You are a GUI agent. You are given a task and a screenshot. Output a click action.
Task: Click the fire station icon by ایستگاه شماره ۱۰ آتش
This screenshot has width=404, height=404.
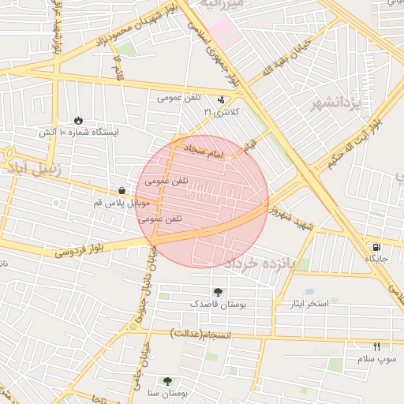[x=79, y=119]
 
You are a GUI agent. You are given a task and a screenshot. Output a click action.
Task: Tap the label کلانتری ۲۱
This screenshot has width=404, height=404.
[x=221, y=113]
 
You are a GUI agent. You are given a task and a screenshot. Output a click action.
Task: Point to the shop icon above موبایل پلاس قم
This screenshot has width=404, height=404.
[x=121, y=189]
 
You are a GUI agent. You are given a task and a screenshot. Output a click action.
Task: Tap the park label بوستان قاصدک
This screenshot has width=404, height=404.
[x=218, y=303]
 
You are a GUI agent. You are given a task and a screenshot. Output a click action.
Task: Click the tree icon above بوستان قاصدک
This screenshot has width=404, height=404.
[x=218, y=291]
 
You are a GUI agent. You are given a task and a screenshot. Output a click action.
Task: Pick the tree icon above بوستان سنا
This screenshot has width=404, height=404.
[x=166, y=380]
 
